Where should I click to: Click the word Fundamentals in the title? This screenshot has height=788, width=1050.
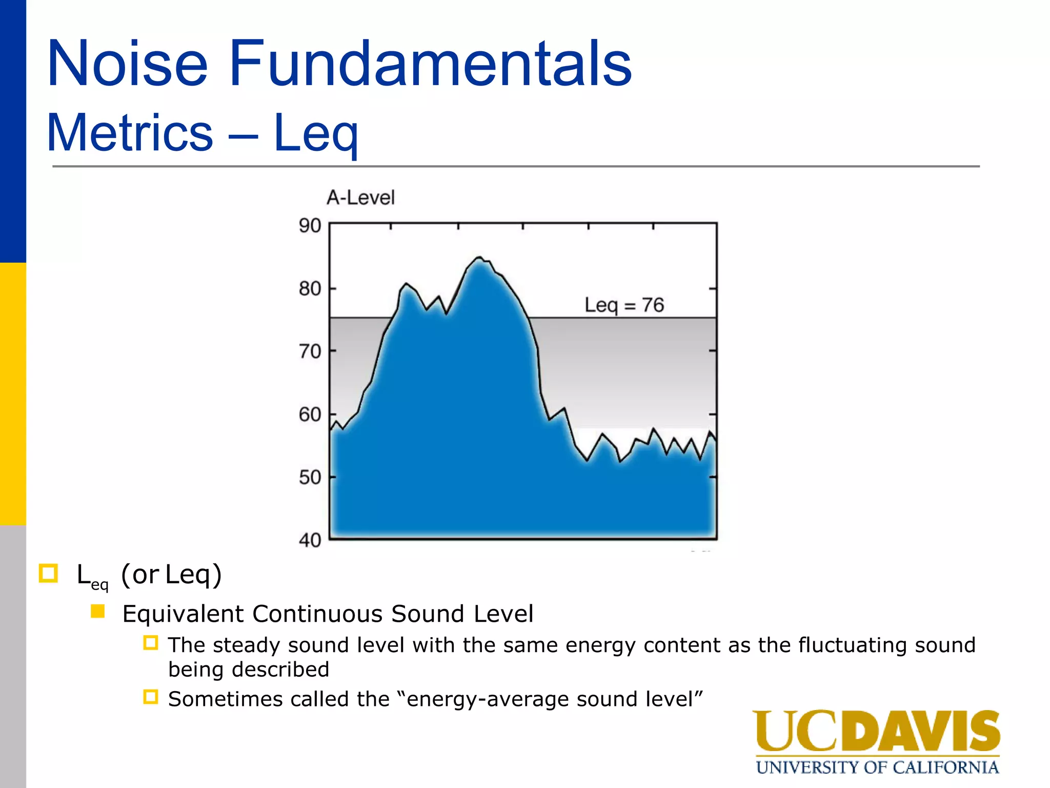coord(431,64)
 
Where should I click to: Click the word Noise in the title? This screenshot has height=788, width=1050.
coord(127,64)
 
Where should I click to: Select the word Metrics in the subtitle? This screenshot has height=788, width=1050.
coord(130,133)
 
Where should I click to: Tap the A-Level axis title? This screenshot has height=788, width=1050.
coord(360,198)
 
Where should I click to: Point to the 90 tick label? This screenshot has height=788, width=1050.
coord(310,226)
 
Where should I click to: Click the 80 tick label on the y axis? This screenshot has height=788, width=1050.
coord(310,289)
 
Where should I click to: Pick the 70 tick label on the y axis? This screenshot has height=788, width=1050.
coord(310,352)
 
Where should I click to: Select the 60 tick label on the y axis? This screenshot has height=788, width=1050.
coord(310,415)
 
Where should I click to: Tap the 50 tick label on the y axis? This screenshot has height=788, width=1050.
coord(310,478)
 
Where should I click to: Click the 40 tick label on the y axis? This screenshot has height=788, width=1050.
coord(310,540)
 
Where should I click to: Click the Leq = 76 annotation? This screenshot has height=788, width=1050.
coord(624,306)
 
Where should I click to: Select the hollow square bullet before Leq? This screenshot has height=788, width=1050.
coord(49,573)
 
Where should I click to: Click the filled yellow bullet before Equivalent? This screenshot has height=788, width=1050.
coord(97,612)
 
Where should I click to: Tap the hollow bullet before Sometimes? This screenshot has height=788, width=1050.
coord(150,697)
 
